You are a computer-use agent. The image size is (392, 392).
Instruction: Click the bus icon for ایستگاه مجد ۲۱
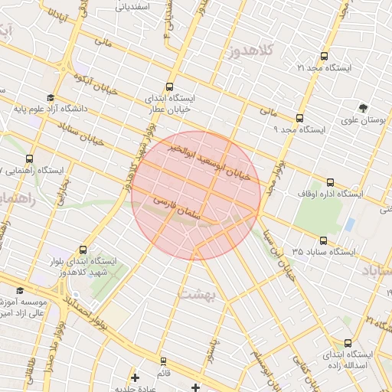(x=324, y=56)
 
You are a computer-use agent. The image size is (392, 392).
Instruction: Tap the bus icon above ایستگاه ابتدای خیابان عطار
(x=169, y=87)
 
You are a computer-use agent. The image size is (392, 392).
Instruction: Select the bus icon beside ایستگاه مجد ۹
(x=299, y=118)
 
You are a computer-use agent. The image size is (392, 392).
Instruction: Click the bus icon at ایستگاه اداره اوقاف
(x=330, y=182)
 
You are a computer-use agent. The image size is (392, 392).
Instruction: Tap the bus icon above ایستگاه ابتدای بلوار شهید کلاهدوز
(x=83, y=250)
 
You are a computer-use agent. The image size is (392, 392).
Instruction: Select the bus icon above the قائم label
(x=162, y=361)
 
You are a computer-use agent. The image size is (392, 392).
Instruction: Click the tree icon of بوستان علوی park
(x=363, y=108)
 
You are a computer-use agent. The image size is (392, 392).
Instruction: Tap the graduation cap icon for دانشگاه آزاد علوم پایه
(x=50, y=97)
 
